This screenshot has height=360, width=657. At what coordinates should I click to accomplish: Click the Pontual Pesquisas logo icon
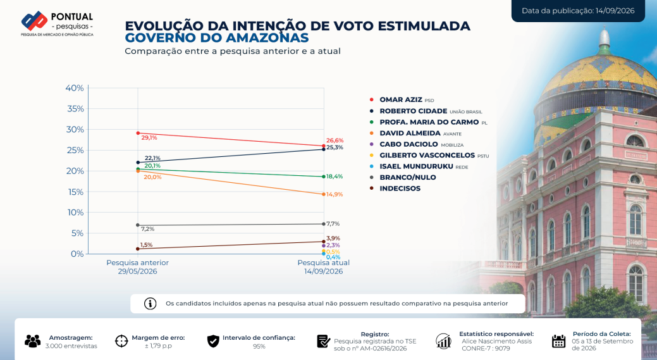coord(34,20)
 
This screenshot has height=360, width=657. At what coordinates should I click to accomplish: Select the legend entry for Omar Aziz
coord(402,100)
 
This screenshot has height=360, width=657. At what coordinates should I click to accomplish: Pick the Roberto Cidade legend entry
coord(426,111)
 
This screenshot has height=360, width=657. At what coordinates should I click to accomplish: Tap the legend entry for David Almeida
coord(415,133)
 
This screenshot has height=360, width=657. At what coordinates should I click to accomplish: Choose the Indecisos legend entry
coord(395,189)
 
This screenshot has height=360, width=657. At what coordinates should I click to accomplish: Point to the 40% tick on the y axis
coord(75,88)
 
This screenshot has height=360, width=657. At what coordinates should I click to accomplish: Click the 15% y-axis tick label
coord(75,192)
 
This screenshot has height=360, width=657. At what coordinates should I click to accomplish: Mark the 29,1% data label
coord(149,138)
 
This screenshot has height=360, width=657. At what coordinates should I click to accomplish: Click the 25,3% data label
coord(335,147)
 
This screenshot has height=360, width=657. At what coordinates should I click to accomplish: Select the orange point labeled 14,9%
coord(324,194)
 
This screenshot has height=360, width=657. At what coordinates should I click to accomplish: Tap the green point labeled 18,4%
coord(324,177)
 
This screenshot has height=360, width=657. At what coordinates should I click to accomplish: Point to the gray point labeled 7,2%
coord(137,225)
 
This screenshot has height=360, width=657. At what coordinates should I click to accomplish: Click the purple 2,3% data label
coord(333,245)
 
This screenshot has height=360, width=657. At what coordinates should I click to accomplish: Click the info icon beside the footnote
coord(150,304)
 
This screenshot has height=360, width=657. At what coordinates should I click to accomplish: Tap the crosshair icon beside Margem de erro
coord(121,341)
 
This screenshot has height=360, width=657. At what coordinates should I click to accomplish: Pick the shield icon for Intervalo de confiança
coord(213,341)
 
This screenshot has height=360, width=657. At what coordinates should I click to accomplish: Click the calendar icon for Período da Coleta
coord(558,341)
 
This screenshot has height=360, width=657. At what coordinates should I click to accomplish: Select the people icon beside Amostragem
coord(33,341)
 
